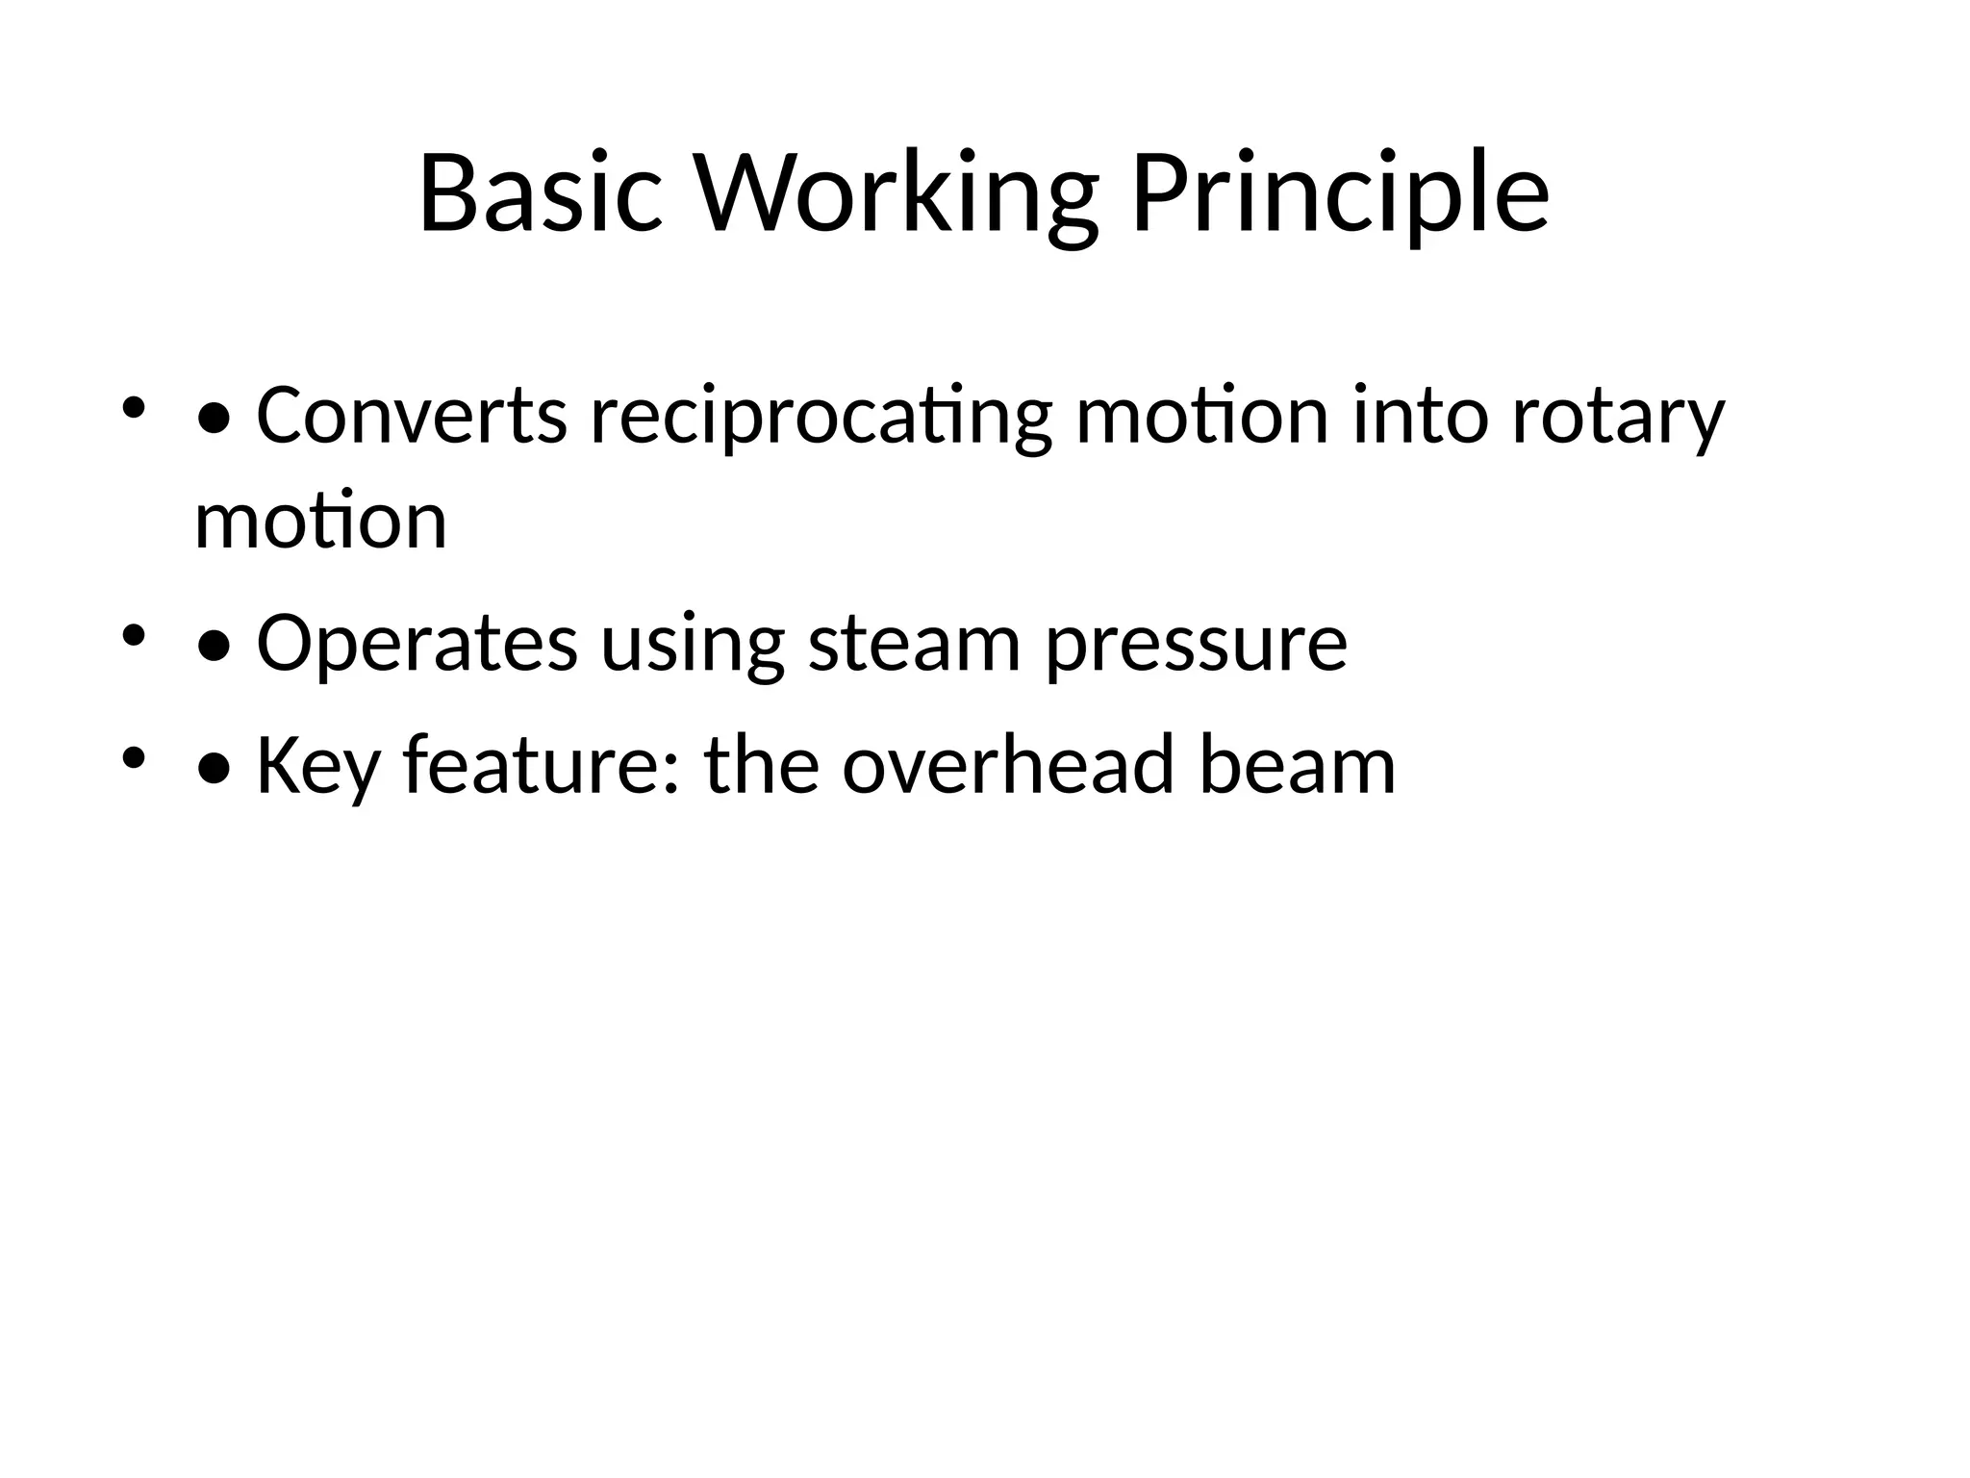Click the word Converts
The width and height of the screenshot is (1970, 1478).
[x=412, y=416]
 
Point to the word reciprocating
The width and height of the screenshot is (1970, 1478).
[x=821, y=416]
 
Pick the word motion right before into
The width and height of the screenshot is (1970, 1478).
[x=1202, y=416]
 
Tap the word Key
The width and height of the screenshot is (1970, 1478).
[x=317, y=766]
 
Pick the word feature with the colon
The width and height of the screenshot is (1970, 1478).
[x=542, y=766]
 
